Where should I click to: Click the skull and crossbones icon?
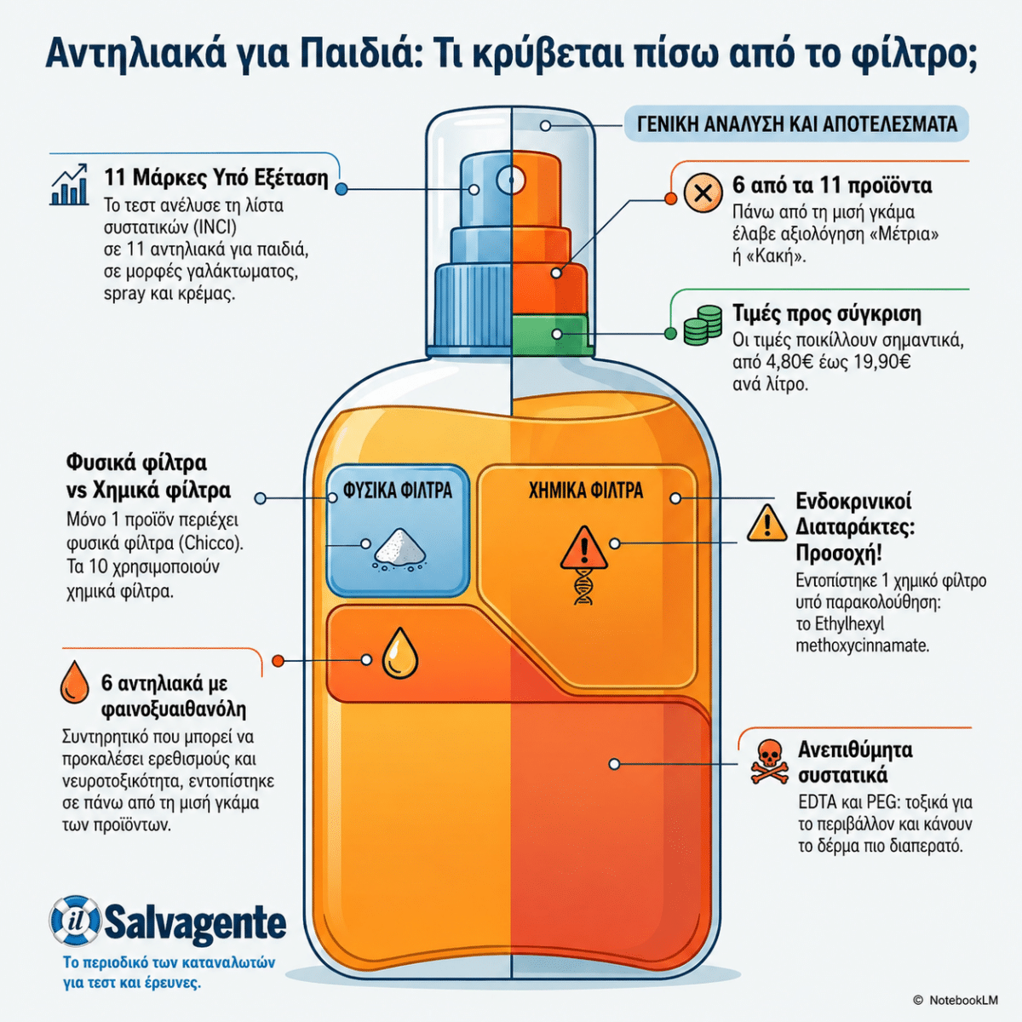(x=768, y=762)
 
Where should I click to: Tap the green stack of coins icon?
(x=703, y=325)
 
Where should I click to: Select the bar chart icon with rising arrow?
(x=70, y=184)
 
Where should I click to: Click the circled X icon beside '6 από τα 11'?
(x=703, y=193)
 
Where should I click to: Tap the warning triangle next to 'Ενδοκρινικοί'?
(x=766, y=523)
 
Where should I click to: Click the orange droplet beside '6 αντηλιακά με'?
(x=75, y=682)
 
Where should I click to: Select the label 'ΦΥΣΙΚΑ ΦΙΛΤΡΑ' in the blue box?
(x=398, y=491)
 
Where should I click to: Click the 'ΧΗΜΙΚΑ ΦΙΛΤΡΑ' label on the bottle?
(x=586, y=491)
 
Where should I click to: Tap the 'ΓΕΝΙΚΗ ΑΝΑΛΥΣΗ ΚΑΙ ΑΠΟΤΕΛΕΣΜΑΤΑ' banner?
(x=796, y=124)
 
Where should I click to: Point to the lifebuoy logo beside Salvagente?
(x=75, y=923)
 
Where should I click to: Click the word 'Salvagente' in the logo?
(x=196, y=923)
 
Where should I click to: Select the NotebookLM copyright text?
(x=956, y=1000)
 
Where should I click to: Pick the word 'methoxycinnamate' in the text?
(x=863, y=646)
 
